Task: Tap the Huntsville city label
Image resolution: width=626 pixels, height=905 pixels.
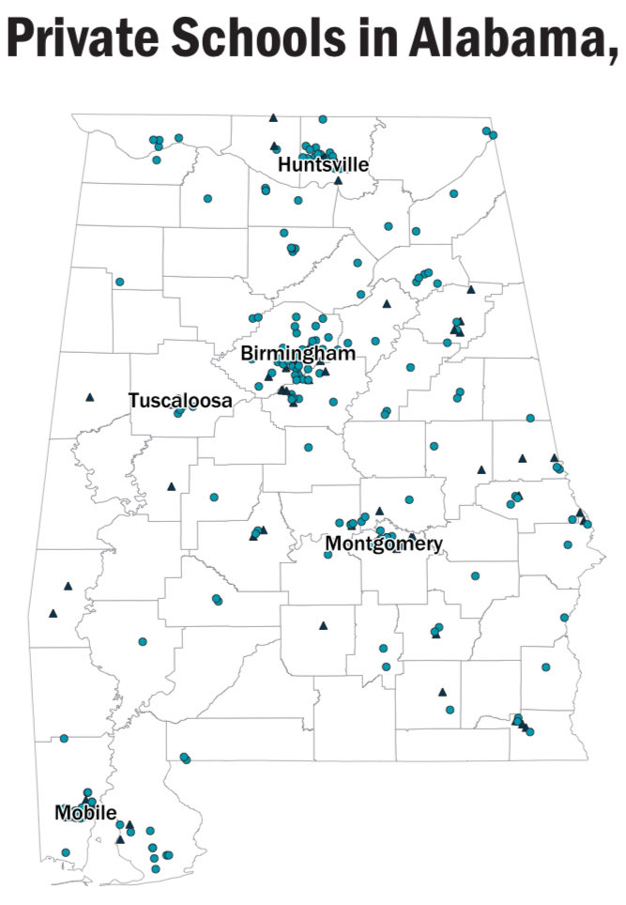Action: [323, 165]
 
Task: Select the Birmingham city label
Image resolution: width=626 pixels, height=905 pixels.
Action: [298, 354]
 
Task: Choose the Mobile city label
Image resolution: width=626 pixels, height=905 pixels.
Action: [84, 812]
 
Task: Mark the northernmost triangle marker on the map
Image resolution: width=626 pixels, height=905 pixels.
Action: [272, 117]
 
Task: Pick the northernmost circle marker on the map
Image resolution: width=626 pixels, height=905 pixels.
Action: [323, 119]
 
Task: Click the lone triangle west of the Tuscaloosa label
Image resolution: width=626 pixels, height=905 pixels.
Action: [90, 397]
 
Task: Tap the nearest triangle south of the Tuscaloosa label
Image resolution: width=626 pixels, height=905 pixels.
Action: [171, 486]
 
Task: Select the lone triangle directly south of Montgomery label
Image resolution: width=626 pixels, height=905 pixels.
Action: [323, 625]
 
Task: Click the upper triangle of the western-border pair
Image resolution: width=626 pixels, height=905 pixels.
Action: [68, 586]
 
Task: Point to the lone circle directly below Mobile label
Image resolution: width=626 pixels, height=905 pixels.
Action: [66, 852]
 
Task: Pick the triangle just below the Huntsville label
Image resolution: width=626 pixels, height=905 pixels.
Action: [338, 180]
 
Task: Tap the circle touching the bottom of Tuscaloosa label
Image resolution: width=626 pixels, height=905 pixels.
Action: [178, 412]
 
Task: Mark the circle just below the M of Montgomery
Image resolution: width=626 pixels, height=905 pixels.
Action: [328, 555]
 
